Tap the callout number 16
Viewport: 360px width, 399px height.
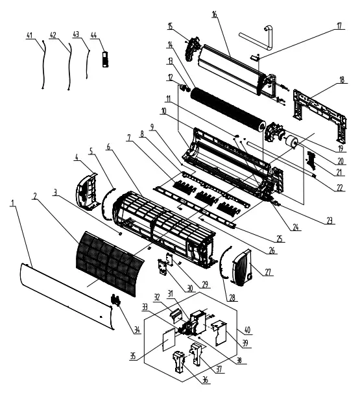tap(215, 14)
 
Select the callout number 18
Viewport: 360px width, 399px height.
tap(342, 80)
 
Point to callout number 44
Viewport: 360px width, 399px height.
tap(93, 36)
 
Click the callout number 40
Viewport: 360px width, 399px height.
tap(247, 330)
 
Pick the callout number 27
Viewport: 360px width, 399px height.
tap(268, 272)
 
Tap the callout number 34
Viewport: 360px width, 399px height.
tap(137, 330)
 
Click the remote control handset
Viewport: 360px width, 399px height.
tap(105, 60)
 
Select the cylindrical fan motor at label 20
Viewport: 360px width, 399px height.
tap(291, 141)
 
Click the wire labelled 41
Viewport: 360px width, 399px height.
tap(43, 65)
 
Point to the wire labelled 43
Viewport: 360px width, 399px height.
tap(88, 64)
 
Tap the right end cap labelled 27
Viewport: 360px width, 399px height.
tap(241, 268)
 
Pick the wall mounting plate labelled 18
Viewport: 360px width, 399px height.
tap(320, 115)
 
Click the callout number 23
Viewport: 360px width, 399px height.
tap(330, 221)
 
